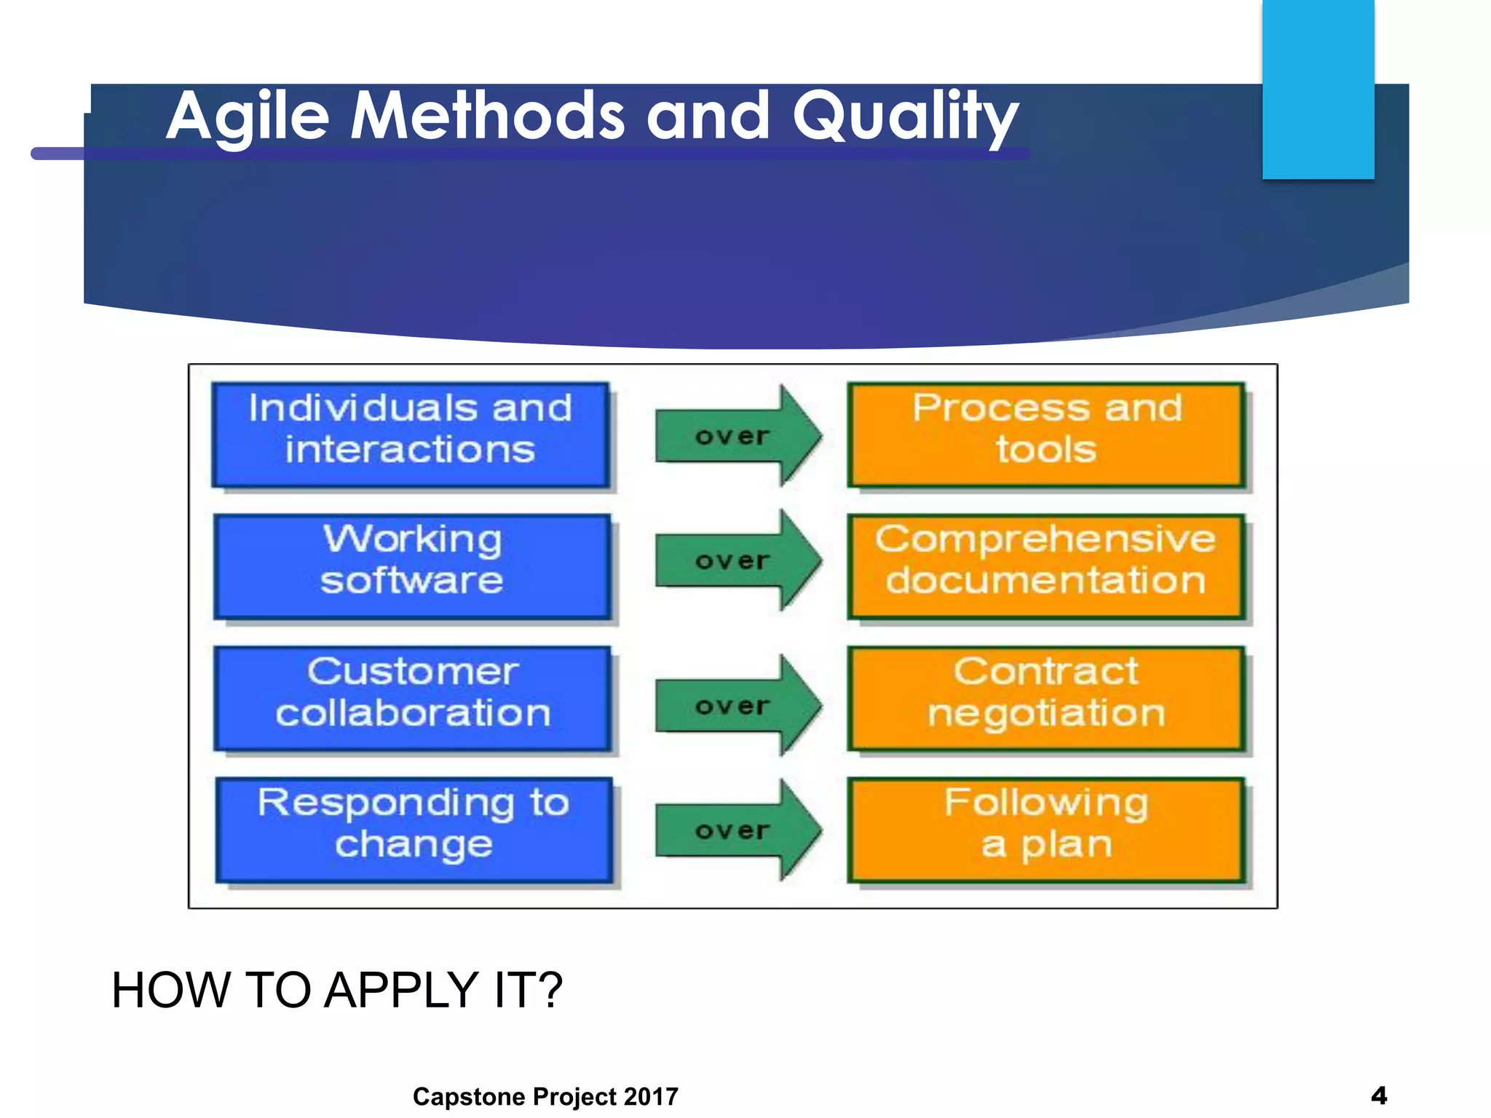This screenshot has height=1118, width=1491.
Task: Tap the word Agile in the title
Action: [x=248, y=116]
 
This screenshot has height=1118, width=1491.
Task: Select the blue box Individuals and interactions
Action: [x=411, y=435]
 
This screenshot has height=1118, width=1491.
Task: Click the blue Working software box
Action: [x=412, y=566]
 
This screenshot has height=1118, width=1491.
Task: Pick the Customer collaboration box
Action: [x=412, y=698]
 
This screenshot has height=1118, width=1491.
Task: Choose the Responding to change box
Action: [x=414, y=830]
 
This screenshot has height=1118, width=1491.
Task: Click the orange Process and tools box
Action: [x=1046, y=435]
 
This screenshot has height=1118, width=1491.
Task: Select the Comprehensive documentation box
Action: [x=1046, y=566]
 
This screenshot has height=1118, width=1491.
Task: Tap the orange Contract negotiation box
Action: [x=1046, y=698]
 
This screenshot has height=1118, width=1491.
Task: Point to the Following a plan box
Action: [x=1046, y=830]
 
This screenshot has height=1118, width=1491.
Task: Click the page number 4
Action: [x=1378, y=1095]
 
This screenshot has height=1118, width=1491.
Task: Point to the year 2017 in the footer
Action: [x=651, y=1096]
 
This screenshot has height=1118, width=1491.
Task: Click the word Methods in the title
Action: [x=487, y=116]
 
